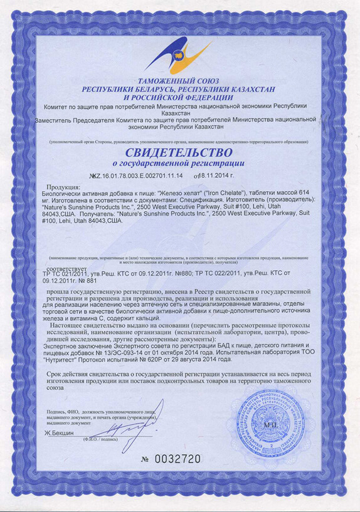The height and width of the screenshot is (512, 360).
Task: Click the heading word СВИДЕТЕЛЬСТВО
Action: (179, 152)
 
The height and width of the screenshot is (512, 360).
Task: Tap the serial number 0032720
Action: (177, 459)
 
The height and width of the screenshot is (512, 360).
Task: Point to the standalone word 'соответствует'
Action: (61, 266)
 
